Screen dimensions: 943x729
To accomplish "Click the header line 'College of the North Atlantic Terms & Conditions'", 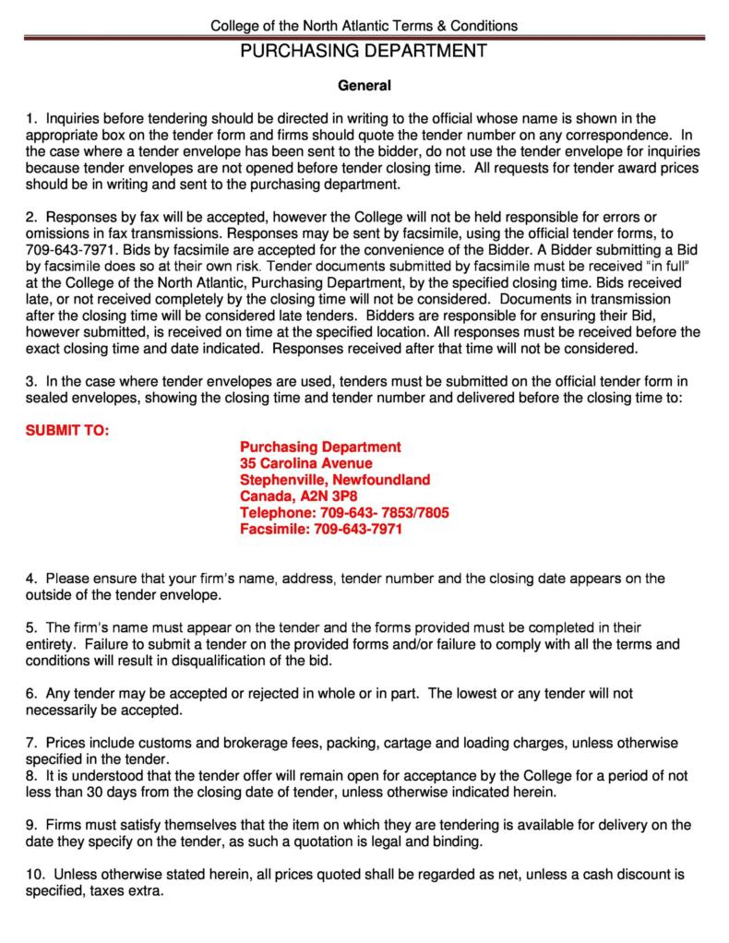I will [x=364, y=26].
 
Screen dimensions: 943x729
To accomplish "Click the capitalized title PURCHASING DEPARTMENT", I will [x=364, y=52].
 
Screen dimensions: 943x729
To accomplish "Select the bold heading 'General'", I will [x=364, y=87].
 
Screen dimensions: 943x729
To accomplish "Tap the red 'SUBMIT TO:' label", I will [x=66, y=430].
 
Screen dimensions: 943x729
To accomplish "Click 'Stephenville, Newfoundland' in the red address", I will [x=335, y=480].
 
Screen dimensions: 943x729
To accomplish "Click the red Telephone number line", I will [x=344, y=513].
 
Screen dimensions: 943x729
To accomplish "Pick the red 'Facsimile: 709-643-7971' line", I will [x=321, y=530].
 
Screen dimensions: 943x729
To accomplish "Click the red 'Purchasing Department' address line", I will [x=320, y=447].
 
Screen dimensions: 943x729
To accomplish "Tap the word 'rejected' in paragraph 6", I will [x=265, y=692].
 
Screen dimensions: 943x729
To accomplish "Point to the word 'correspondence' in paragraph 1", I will [x=613, y=135].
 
